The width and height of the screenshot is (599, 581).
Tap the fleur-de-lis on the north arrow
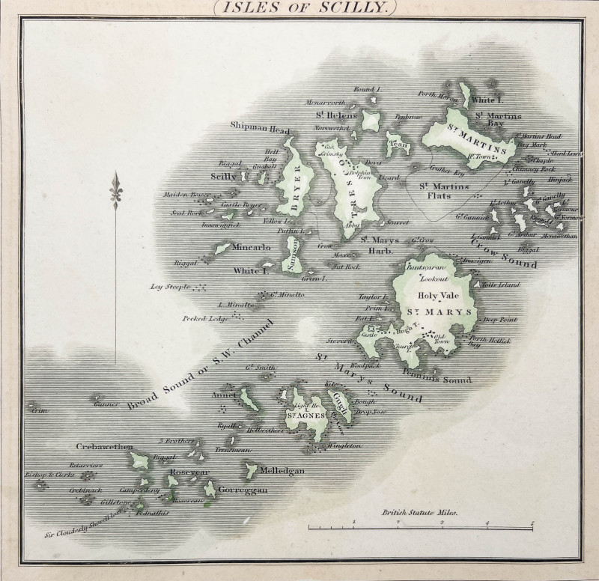pyautogui.click(x=115, y=189)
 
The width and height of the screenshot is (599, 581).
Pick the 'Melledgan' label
pyautogui.click(x=282, y=471)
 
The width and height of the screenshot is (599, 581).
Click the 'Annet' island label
pyautogui.click(x=224, y=395)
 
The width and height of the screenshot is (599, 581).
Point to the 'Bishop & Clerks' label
pyautogui.click(x=46, y=476)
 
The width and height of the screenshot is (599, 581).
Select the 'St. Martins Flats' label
pyautogui.click(x=443, y=192)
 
